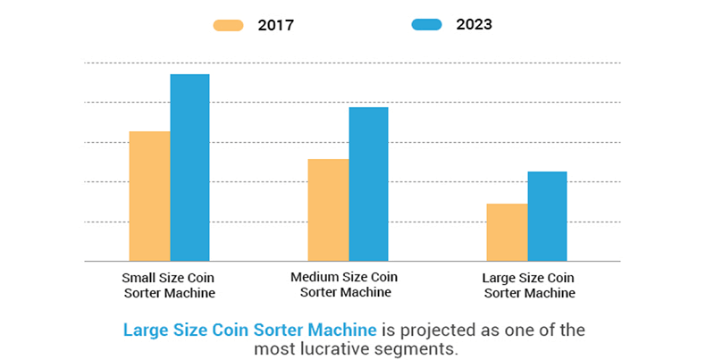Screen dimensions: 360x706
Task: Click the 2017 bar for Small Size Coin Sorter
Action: click(149, 196)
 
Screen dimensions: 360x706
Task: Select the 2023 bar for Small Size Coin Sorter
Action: click(189, 167)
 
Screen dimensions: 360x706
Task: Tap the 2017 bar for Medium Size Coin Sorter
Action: click(328, 210)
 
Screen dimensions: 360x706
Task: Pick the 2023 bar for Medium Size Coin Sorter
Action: click(368, 184)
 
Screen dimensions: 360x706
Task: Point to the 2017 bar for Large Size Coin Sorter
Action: click(507, 232)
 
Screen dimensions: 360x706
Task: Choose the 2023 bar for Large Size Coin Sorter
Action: click(547, 216)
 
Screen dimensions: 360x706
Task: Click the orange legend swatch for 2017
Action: click(229, 25)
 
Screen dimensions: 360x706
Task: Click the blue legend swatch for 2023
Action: click(426, 25)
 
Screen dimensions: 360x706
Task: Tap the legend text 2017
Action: click(274, 25)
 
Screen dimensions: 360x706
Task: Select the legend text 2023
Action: click(473, 25)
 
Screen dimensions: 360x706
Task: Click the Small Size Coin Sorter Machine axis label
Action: click(168, 285)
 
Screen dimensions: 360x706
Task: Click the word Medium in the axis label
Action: click(314, 277)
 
